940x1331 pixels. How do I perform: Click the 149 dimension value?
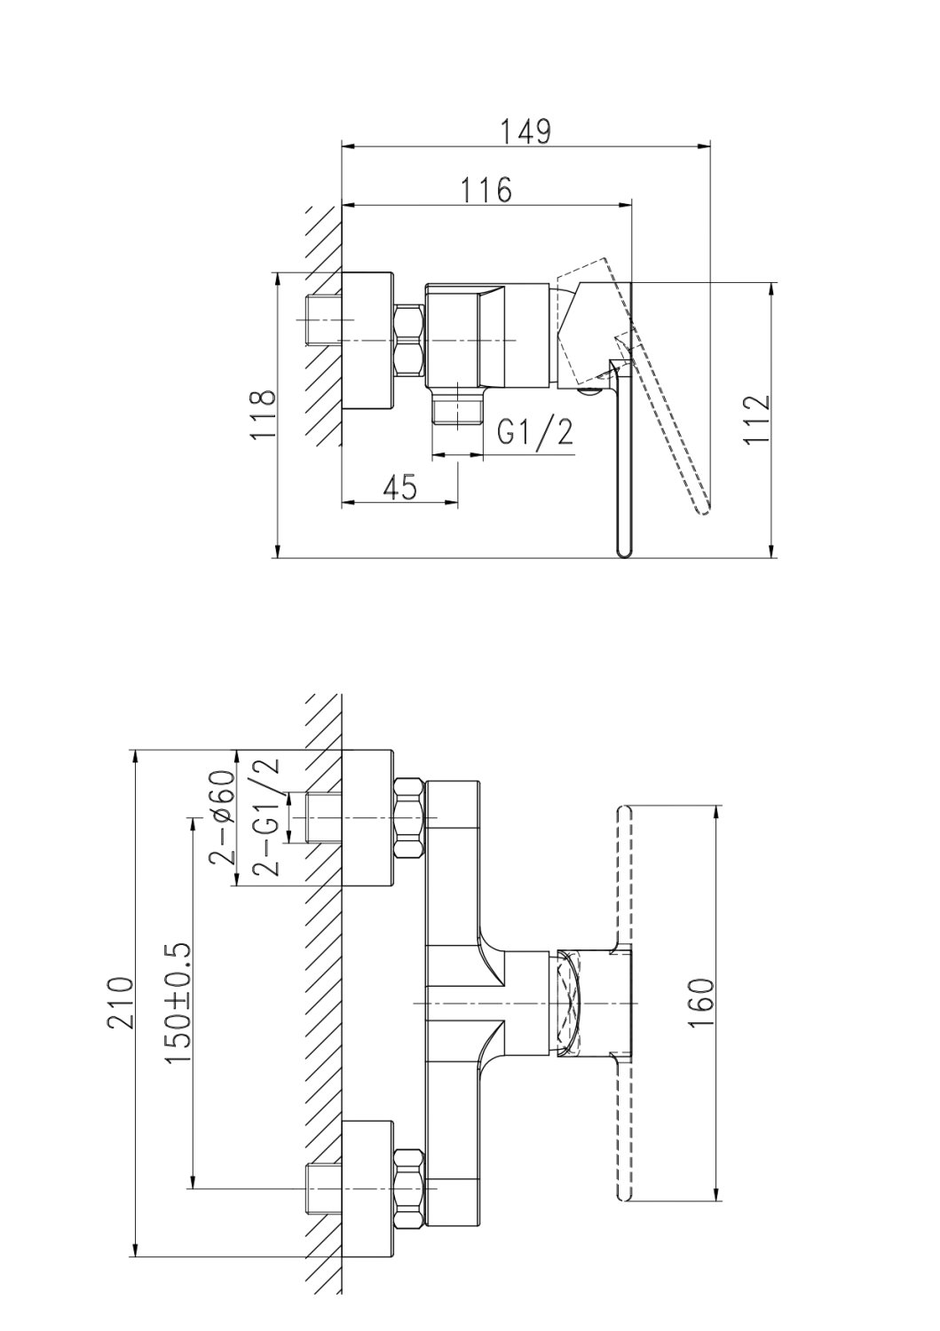pyautogui.click(x=525, y=132)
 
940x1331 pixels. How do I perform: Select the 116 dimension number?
pyautogui.click(x=486, y=190)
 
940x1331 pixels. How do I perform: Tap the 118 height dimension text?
pyautogui.click(x=264, y=414)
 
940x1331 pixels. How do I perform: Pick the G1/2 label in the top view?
pyautogui.click(x=535, y=433)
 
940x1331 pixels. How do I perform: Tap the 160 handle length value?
pyautogui.click(x=700, y=1003)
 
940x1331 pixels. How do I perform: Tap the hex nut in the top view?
pyautogui.click(x=409, y=341)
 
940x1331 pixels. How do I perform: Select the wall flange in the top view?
pyautogui.click(x=367, y=341)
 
